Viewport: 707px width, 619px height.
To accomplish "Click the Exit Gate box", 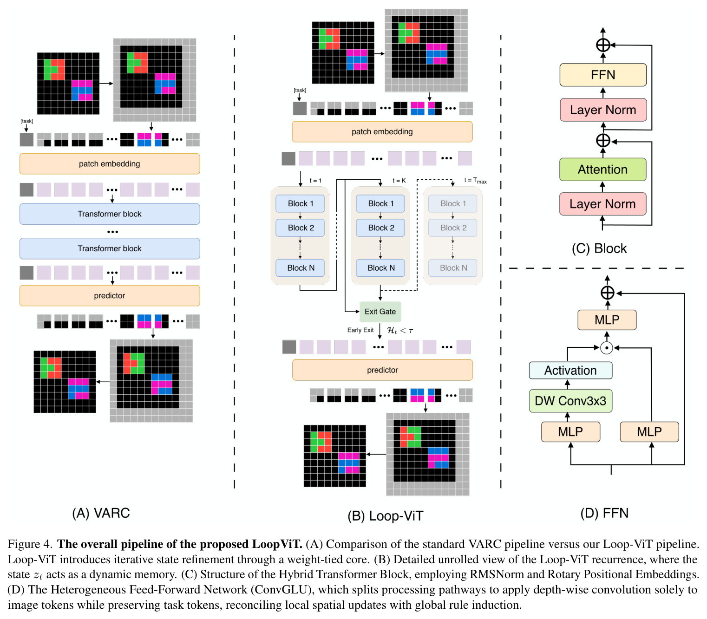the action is [380, 312].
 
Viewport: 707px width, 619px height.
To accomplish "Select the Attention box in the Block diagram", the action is [602, 169].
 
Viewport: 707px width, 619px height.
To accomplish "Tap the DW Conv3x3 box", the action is [570, 401].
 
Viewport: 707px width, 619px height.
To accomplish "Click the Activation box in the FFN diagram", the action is [570, 370].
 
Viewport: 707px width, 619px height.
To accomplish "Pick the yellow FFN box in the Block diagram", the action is [603, 75].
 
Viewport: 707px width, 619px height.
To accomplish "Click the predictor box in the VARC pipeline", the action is [110, 296].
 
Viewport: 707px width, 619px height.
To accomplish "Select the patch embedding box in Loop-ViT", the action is [382, 131].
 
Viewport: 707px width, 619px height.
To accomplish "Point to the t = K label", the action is [399, 181].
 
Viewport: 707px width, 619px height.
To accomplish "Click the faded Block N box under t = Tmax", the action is [453, 267].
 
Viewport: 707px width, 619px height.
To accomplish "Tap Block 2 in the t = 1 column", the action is [300, 228].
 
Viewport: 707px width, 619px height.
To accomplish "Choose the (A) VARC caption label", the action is [101, 513].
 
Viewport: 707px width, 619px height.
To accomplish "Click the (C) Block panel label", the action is [599, 248].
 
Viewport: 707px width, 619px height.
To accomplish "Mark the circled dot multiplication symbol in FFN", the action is [607, 348].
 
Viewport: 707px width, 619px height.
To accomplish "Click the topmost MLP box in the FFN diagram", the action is [607, 320].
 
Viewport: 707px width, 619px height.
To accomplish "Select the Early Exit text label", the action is [360, 330].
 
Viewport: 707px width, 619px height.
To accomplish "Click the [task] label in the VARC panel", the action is [26, 121].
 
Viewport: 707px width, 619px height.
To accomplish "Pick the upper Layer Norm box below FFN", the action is [603, 110].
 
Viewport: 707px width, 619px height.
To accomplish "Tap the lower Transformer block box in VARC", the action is [110, 248].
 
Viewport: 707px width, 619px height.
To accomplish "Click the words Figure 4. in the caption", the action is [30, 544].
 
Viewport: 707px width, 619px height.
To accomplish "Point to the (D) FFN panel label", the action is [604, 513].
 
